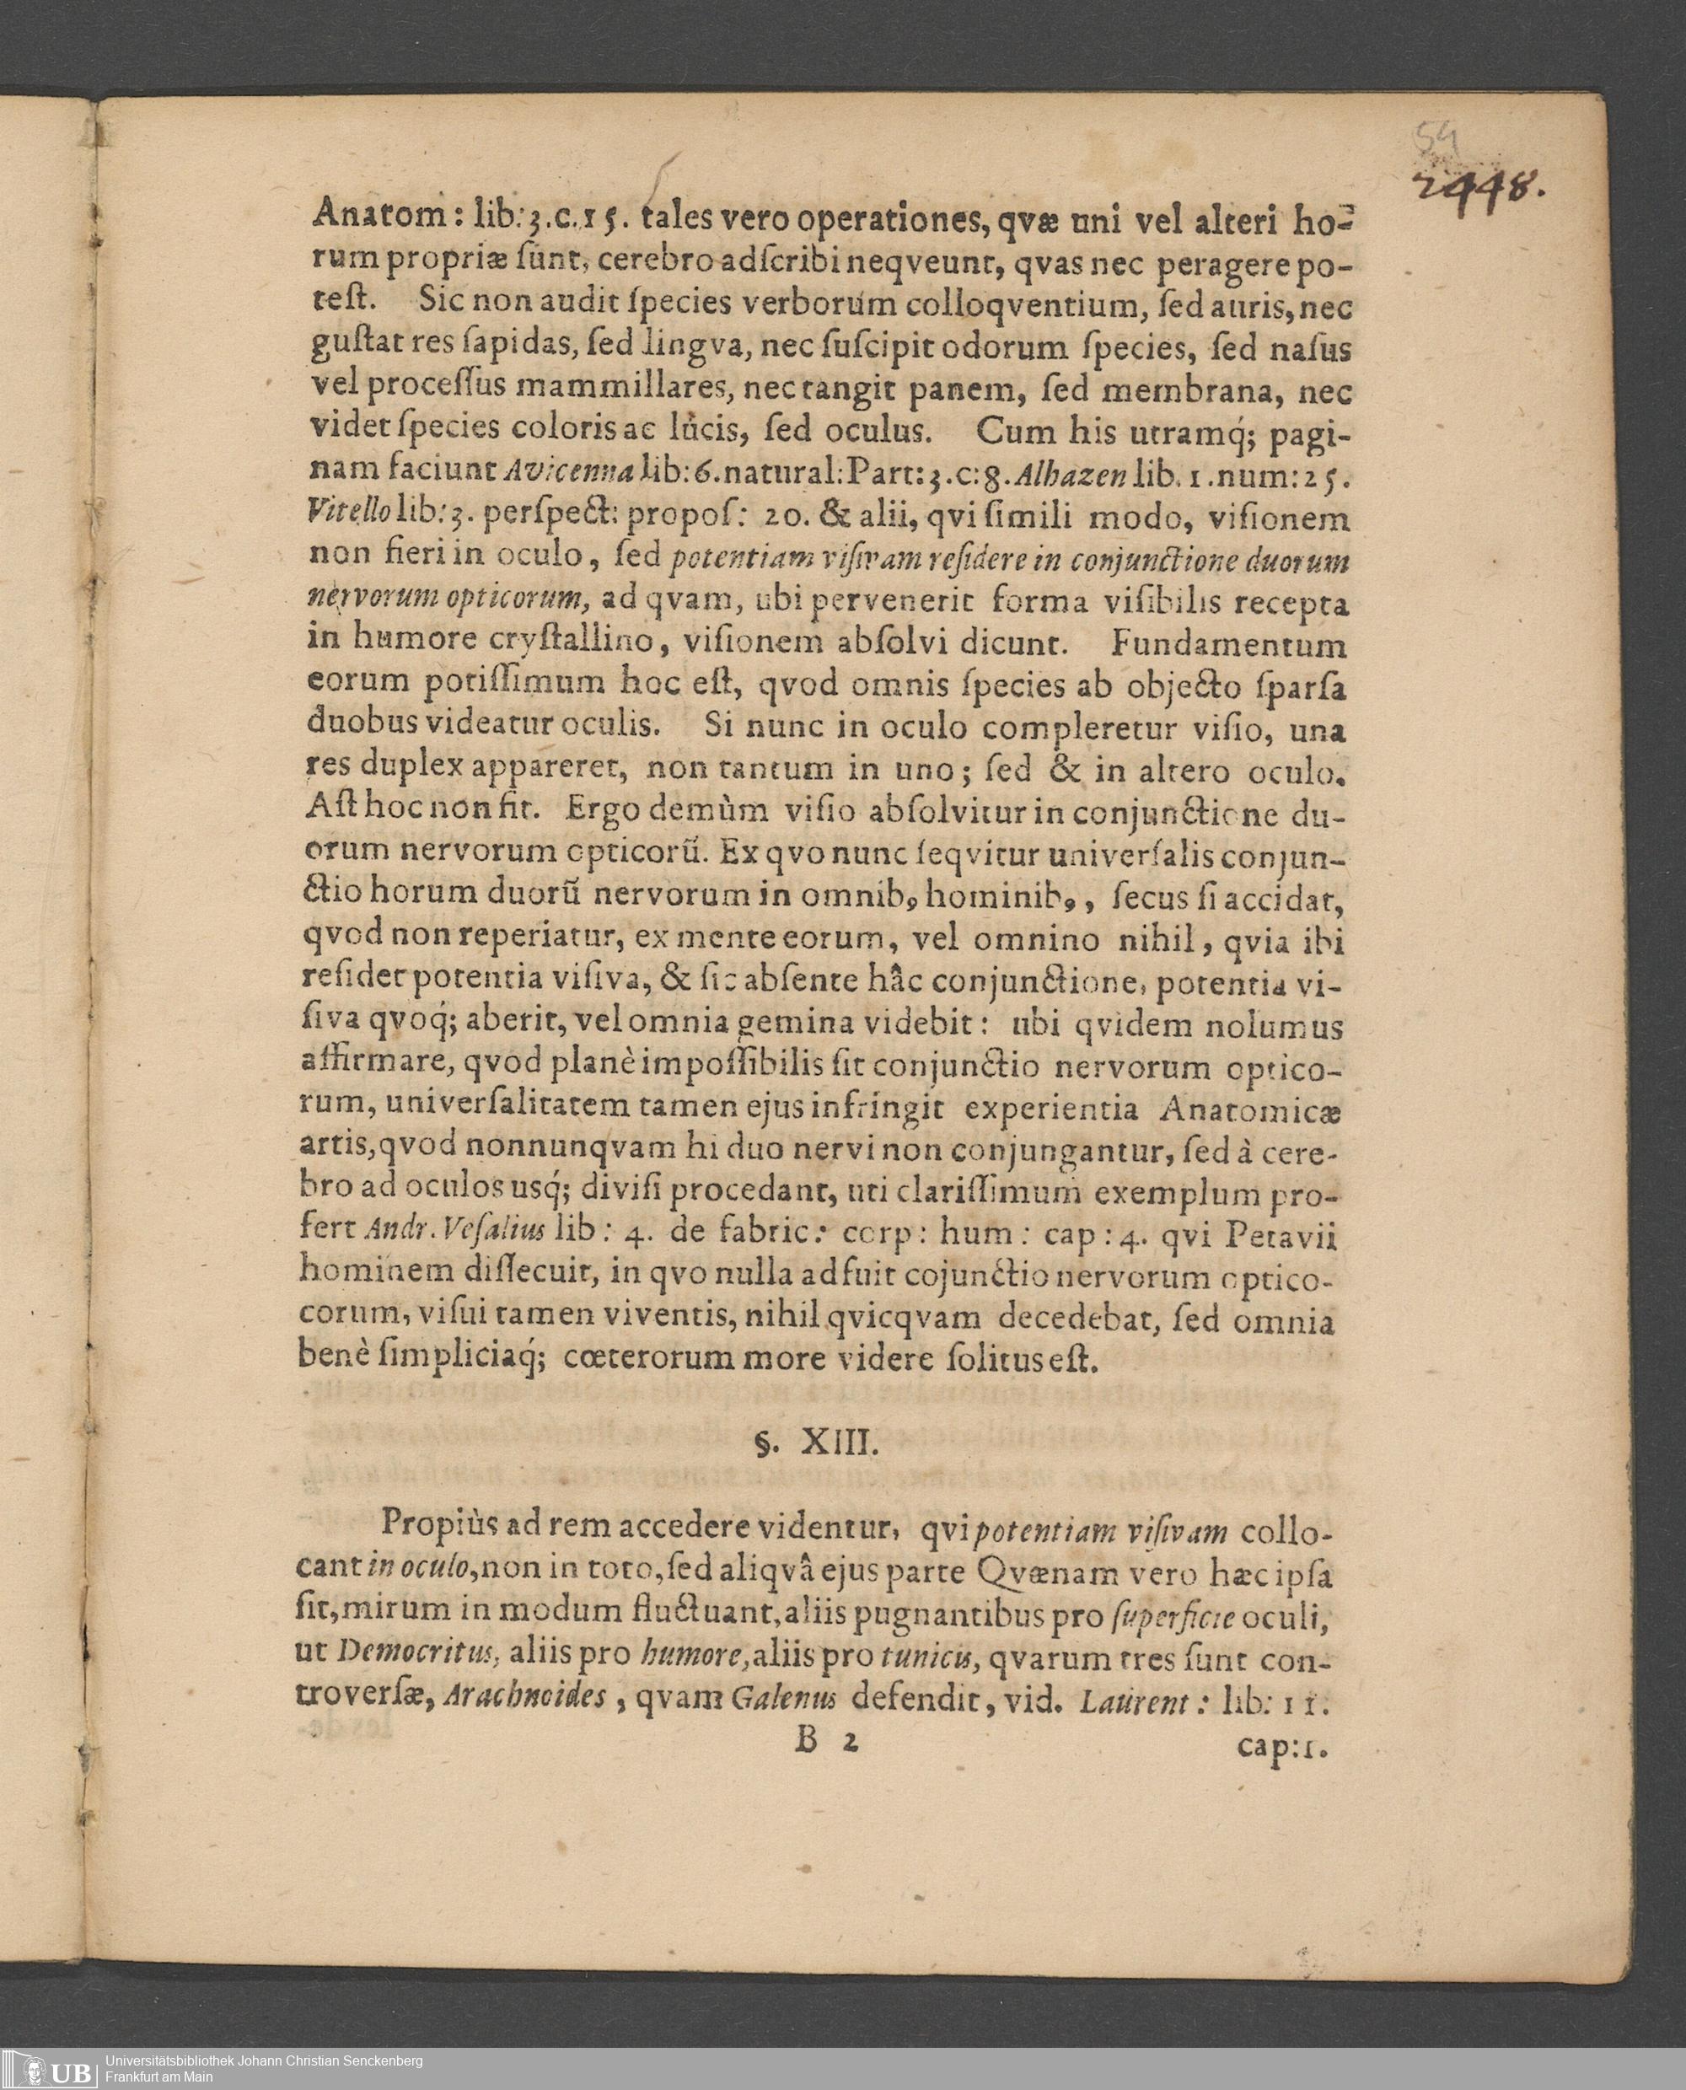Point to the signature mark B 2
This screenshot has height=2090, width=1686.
pyautogui.click(x=826, y=1739)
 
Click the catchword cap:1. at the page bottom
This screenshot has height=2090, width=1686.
pyautogui.click(x=1282, y=1743)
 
